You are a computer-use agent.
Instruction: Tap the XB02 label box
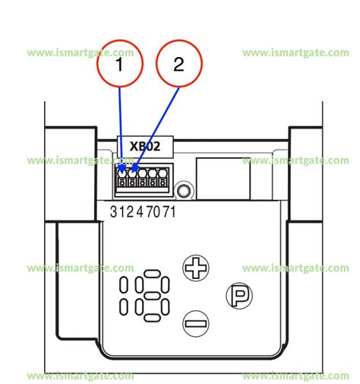coord(145,147)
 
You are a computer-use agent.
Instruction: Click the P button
coord(239,296)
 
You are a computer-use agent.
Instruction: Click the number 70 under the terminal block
coord(153,212)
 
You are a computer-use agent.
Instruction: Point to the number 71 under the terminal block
coord(169,212)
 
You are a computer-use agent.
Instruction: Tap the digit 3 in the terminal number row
coord(113,212)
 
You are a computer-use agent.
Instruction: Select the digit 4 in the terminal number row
coord(140,212)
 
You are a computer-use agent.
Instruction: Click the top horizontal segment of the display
coord(152,274)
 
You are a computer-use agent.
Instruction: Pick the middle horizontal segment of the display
coord(152,296)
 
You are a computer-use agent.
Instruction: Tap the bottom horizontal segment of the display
coord(152,318)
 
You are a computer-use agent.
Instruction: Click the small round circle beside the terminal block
coord(184,190)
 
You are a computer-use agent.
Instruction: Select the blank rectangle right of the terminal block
coord(223,179)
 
